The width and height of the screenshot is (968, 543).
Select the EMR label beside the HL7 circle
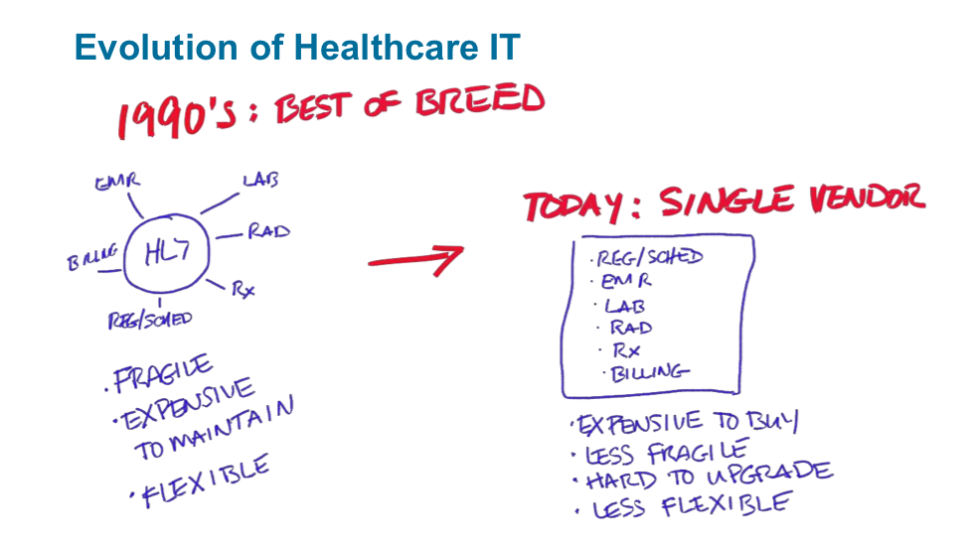pyautogui.click(x=118, y=183)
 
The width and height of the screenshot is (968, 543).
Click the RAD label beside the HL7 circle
pyautogui.click(x=268, y=232)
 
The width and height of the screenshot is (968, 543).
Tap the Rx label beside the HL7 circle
pyautogui.click(x=243, y=289)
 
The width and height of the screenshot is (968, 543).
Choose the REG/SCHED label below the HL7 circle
pyautogui.click(x=150, y=320)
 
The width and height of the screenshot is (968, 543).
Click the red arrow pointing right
pyautogui.click(x=415, y=260)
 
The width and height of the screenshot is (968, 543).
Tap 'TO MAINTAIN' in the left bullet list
pyautogui.click(x=214, y=429)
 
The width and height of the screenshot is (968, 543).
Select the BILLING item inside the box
pyautogui.click(x=649, y=372)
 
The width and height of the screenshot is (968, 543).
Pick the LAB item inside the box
pyautogui.click(x=625, y=305)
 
